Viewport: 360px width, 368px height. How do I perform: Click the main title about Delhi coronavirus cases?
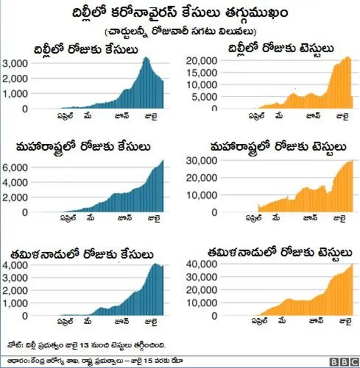pyautogui.click(x=180, y=12)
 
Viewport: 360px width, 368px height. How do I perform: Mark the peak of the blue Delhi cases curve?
pyautogui.click(x=146, y=57)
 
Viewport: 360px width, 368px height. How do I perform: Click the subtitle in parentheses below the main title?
pyautogui.click(x=180, y=31)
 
